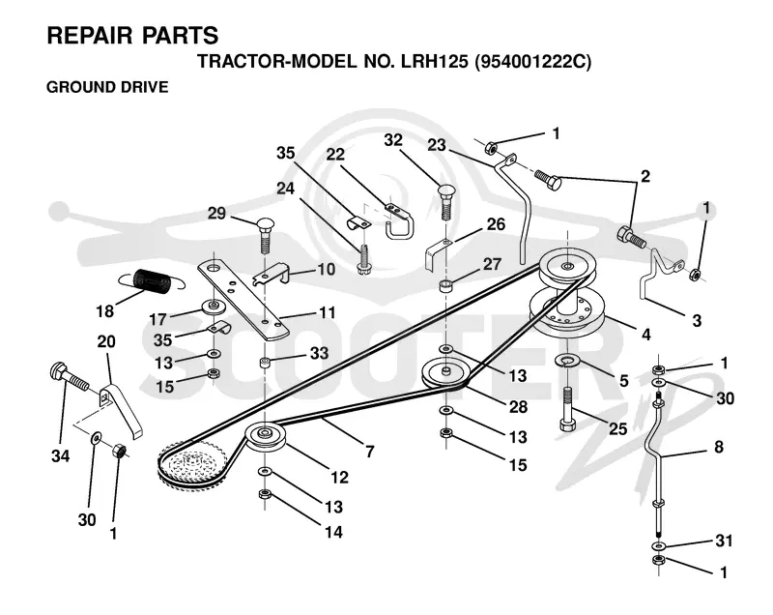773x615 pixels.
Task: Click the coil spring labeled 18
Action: coord(154,280)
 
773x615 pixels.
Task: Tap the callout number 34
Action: coord(60,456)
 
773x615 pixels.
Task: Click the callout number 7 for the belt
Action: coord(370,452)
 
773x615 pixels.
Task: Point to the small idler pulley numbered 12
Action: coord(265,436)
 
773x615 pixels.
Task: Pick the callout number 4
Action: coord(645,335)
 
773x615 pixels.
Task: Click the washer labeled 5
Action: coord(567,361)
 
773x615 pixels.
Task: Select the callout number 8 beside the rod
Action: coord(719,447)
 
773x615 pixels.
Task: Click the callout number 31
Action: coord(724,541)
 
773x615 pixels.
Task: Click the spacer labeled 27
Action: coord(445,285)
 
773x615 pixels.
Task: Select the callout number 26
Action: coord(496,224)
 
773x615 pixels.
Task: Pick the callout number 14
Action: coord(333,532)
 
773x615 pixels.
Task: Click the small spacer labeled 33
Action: coord(265,364)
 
